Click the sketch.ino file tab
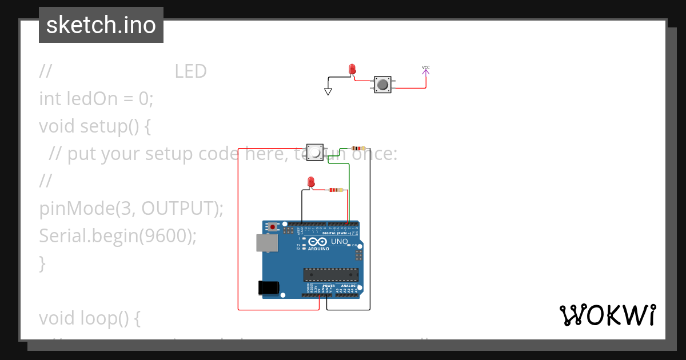click(x=101, y=25)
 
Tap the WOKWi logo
click(x=607, y=315)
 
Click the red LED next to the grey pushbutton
click(x=352, y=70)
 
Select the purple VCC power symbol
click(x=426, y=70)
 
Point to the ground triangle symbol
click(x=328, y=91)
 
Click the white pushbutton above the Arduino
click(x=314, y=152)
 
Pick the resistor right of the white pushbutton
click(x=358, y=149)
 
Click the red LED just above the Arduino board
click(x=311, y=182)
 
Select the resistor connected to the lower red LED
click(x=336, y=190)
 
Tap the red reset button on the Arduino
click(x=273, y=227)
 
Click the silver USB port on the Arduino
click(x=267, y=243)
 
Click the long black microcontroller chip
click(x=330, y=274)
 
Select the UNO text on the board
click(x=340, y=242)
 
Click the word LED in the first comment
click(x=190, y=71)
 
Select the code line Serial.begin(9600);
click(x=118, y=235)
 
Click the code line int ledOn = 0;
click(x=96, y=99)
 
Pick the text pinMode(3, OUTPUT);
click(x=131, y=209)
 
